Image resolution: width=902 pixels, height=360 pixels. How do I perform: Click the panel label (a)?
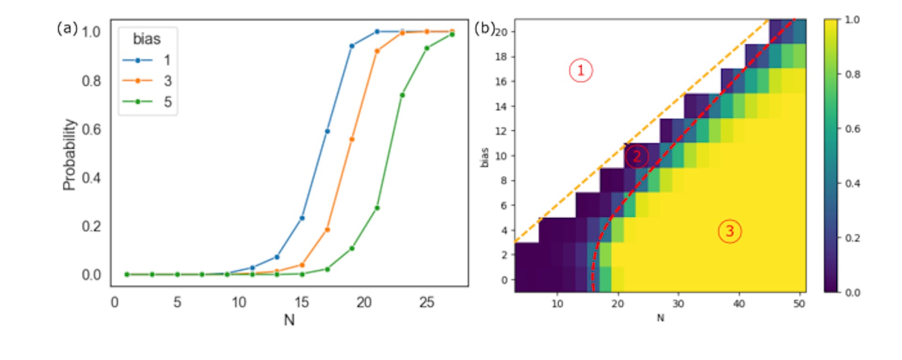click(67, 29)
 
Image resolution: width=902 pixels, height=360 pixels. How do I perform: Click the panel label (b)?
click(483, 28)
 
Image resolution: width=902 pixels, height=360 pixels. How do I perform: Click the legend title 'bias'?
click(147, 39)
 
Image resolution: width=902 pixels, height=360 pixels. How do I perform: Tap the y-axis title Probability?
click(69, 155)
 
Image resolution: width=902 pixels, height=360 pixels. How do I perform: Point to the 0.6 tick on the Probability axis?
click(91, 129)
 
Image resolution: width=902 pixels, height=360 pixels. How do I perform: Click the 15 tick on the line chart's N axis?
click(302, 302)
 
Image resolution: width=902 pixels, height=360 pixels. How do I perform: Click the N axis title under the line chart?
click(289, 320)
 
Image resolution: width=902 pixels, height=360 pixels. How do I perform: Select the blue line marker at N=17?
click(327, 131)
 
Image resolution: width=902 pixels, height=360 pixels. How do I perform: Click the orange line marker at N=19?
click(352, 139)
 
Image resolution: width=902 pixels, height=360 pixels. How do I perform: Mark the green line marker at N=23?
click(402, 95)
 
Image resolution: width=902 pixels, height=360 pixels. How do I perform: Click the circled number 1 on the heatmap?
click(581, 70)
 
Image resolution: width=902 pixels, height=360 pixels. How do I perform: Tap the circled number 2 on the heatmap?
click(637, 156)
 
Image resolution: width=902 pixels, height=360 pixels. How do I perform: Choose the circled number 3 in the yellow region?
click(730, 231)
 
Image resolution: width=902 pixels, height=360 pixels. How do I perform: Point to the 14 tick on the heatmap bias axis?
click(501, 106)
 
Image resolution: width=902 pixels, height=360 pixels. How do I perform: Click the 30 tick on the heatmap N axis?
click(678, 304)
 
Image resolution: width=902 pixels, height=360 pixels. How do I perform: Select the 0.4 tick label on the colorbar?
click(852, 183)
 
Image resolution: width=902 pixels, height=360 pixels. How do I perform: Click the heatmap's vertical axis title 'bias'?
click(484, 157)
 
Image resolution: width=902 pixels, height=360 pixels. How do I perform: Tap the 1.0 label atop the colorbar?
click(852, 20)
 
